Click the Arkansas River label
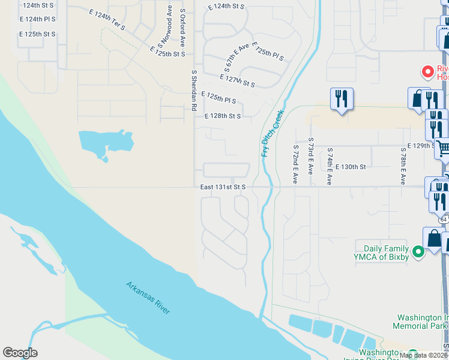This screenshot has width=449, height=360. pyautogui.click(x=148, y=297)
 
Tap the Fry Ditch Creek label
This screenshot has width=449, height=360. pyautogui.click(x=272, y=133)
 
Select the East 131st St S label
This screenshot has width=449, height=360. pyautogui.click(x=223, y=187)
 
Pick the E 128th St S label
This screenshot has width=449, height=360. pyautogui.click(x=222, y=116)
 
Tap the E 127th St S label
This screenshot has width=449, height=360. pyautogui.click(x=238, y=81)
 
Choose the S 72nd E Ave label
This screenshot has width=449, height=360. pyautogui.click(x=296, y=164)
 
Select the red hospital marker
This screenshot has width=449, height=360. pyautogui.click(x=428, y=72)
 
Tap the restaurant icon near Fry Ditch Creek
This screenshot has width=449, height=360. pyautogui.click(x=342, y=98)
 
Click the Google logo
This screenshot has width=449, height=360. pyautogui.click(x=20, y=353)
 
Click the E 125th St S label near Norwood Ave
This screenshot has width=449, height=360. pyautogui.click(x=167, y=52)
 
